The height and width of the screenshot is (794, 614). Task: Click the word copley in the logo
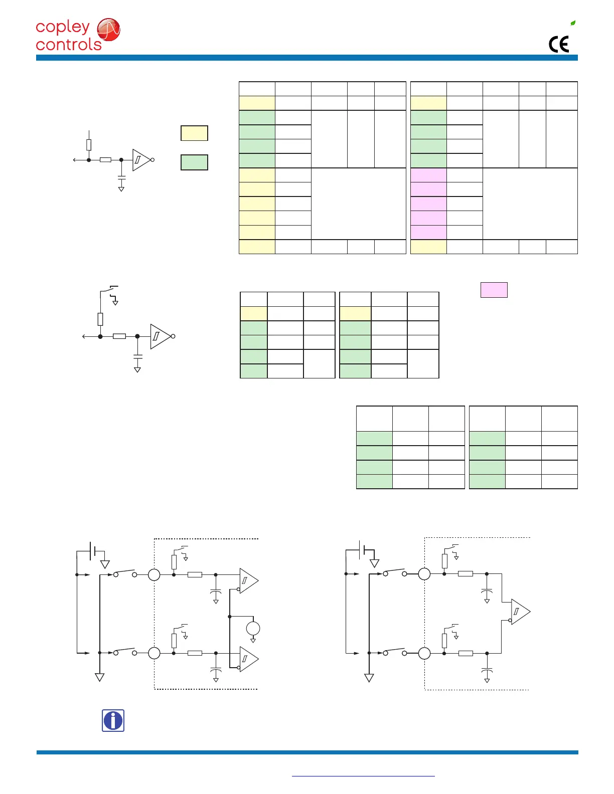tap(63, 28)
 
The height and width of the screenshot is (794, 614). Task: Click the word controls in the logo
tap(69, 45)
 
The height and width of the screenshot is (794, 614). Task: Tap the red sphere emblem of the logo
tap(108, 30)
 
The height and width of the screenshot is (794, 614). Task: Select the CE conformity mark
tap(559, 45)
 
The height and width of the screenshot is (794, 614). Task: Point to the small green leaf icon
tap(573, 23)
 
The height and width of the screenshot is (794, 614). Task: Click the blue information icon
tap(113, 721)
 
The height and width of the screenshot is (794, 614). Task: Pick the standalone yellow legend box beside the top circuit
tap(194, 133)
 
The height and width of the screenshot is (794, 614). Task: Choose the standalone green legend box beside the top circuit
tap(194, 162)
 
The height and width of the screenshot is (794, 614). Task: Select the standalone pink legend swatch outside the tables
tap(494, 290)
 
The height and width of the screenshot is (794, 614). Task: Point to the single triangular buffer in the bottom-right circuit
tap(520, 612)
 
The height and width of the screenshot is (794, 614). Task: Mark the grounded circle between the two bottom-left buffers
tap(253, 628)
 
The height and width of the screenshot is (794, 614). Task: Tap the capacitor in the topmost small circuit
tap(121, 178)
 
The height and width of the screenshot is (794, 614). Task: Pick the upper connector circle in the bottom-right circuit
tap(424, 574)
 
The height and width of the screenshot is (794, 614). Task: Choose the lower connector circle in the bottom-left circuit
tap(154, 653)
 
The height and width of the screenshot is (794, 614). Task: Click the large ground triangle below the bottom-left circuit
tap(100, 677)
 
